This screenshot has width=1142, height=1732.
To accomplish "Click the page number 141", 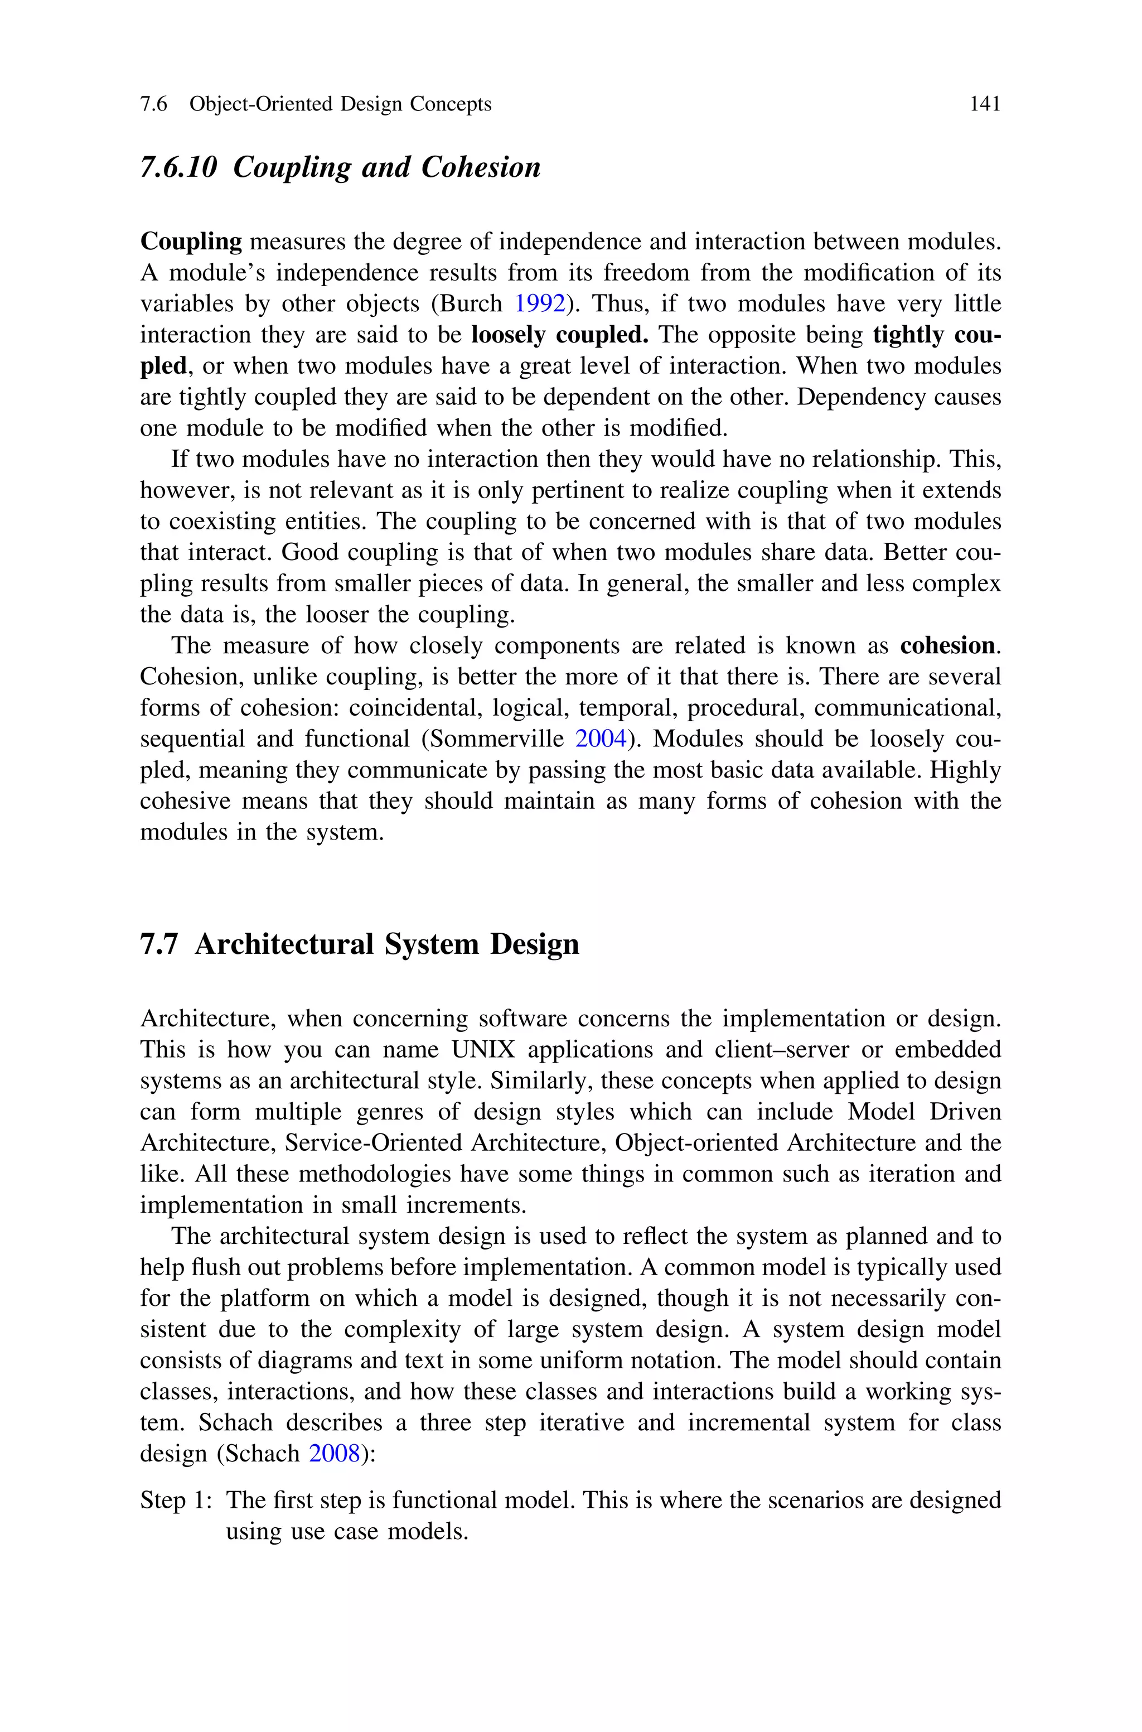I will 985,104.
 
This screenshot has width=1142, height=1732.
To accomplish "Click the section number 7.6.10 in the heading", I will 178,167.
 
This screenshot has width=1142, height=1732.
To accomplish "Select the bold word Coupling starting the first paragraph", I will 191,242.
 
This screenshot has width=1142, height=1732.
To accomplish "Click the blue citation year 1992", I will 540,303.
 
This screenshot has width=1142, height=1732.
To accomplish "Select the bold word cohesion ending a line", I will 947,645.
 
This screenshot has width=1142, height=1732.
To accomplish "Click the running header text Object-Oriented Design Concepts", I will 340,104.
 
